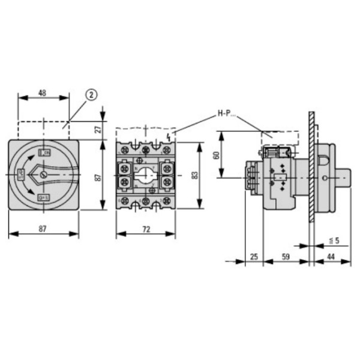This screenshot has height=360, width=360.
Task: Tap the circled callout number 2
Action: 91,94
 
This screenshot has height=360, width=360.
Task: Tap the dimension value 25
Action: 254,257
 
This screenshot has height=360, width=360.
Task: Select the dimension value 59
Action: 286,257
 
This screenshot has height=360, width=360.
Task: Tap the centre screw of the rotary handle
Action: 43,175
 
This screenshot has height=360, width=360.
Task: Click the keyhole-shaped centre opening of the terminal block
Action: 145,177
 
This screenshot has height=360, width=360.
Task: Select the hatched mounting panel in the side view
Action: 311,168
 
